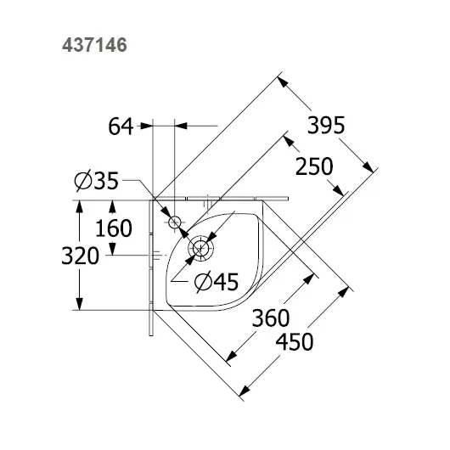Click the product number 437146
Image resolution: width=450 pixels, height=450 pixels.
94,45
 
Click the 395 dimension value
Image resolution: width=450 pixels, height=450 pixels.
326,125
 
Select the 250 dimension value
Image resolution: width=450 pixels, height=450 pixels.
314,166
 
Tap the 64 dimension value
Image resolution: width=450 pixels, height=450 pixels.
121,127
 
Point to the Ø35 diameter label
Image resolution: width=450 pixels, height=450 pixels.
97,180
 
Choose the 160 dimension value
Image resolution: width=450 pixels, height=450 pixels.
114,228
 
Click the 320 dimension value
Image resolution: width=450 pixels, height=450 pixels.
81,256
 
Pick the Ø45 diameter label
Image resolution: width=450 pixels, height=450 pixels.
217,282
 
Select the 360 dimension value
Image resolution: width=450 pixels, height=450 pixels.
271,318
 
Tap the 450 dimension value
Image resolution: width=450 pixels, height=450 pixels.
295,341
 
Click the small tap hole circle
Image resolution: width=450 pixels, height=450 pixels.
174,222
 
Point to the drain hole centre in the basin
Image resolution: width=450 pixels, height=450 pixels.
200,249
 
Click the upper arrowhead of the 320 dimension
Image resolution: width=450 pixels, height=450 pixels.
80,206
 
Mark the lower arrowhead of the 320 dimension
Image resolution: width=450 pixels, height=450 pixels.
80,304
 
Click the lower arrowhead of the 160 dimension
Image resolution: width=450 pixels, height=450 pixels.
112,249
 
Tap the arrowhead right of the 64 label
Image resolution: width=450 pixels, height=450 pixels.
181,126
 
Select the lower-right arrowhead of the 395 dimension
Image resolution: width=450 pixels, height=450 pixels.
368,167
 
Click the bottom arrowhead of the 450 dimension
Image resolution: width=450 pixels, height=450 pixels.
245,391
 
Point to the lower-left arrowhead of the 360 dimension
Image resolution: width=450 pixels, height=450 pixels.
231,356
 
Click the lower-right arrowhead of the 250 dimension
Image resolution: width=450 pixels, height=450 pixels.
339,190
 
